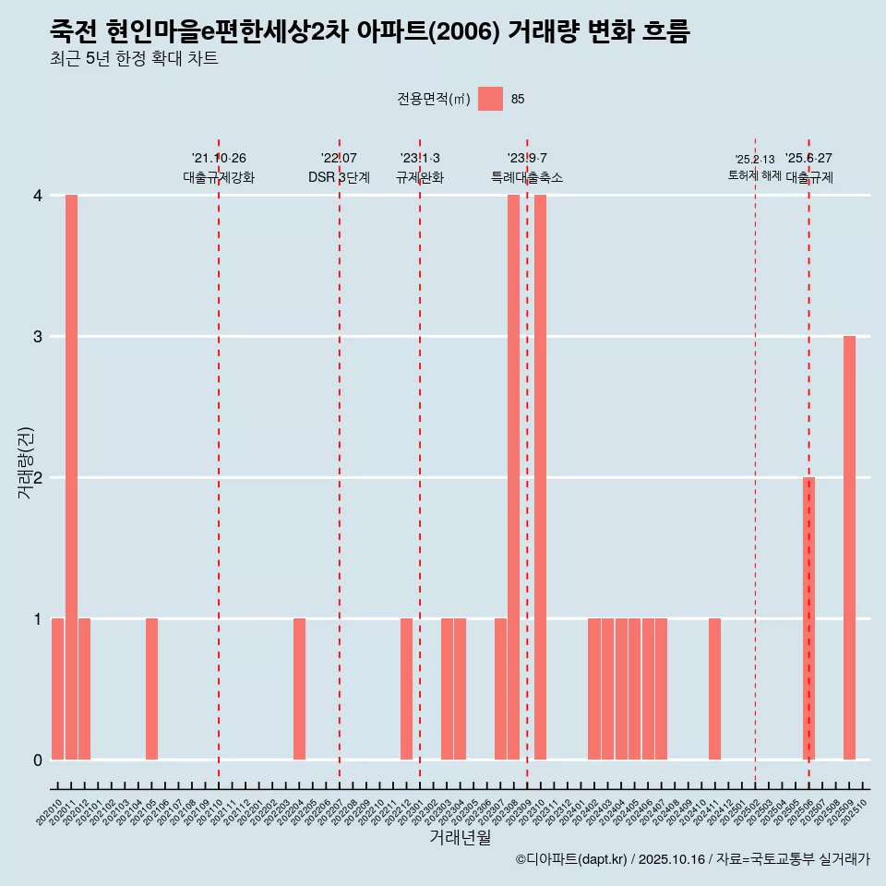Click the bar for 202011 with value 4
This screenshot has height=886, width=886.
point(71,477)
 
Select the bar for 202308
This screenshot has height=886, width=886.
point(513,477)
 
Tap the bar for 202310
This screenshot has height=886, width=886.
point(540,477)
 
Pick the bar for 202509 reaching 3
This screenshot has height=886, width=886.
point(849,548)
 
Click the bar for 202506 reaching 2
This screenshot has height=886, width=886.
point(808,618)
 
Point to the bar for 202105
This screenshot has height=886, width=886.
point(151,688)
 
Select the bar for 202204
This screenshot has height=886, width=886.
point(299,688)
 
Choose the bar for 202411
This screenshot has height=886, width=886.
point(714,688)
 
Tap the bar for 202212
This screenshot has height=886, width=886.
point(406,688)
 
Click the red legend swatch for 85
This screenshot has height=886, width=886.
point(490,99)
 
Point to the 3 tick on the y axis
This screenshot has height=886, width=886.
point(38,337)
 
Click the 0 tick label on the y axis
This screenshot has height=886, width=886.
point(38,760)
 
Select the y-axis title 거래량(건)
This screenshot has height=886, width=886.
point(25,463)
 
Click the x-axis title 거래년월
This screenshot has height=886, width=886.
point(460,837)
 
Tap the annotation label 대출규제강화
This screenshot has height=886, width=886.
point(219,177)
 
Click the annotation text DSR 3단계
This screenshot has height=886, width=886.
point(339,177)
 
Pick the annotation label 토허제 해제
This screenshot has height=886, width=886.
point(754,175)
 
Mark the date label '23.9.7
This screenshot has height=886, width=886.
point(527,159)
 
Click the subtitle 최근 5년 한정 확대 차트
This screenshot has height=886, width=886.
point(134,59)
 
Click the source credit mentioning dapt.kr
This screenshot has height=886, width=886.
point(692,859)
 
